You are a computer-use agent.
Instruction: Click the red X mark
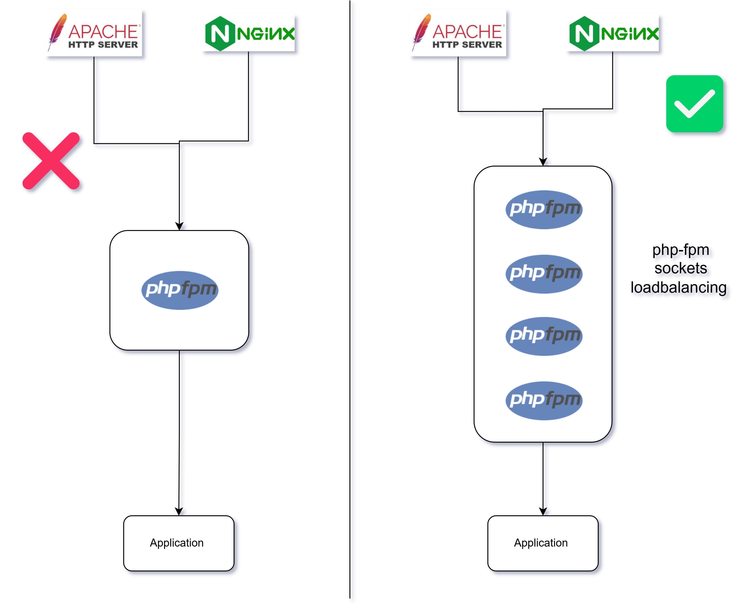pos(51,161)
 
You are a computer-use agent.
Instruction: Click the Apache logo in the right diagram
pos(458,33)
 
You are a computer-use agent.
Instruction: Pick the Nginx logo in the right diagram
pos(613,33)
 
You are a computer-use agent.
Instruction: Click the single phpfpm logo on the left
pos(180,290)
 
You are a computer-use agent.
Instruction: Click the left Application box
pos(179,543)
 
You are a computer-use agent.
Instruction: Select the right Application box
pos(543,543)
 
